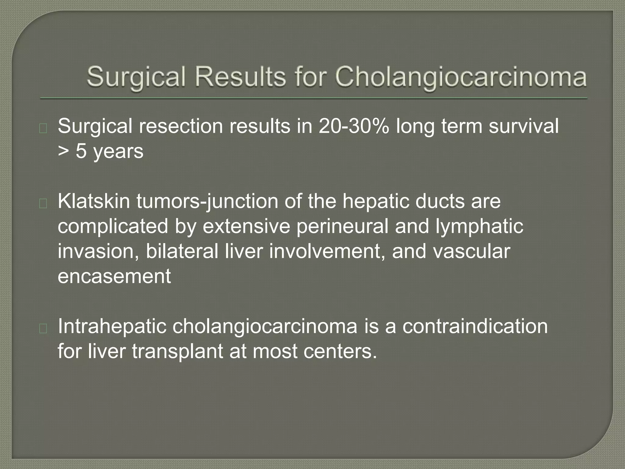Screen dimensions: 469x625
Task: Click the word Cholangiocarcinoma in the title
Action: point(461,77)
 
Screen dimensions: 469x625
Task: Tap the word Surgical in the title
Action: point(136,77)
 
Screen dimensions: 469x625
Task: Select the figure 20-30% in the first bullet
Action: point(354,126)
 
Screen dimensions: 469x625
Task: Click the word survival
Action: point(524,126)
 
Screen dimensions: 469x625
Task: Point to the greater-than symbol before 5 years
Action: point(63,151)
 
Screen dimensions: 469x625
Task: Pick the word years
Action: point(118,151)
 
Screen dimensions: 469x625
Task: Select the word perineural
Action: point(342,226)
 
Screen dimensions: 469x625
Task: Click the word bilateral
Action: point(182,251)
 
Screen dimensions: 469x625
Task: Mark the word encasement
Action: point(114,276)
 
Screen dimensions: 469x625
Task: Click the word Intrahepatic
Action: point(112,326)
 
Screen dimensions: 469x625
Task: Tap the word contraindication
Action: point(475,326)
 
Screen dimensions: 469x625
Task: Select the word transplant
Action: point(177,351)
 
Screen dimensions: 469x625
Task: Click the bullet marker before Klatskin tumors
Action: point(43,203)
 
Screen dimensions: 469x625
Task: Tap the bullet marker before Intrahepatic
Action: point(43,328)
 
